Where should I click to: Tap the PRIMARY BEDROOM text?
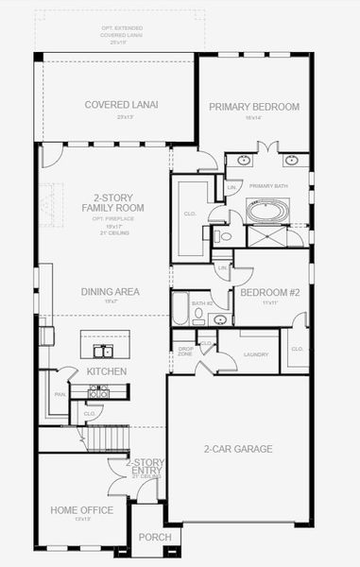(x=254, y=107)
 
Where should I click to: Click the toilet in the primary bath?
(x=223, y=237)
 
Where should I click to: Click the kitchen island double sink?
(x=102, y=351)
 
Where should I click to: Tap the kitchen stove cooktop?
(x=99, y=391)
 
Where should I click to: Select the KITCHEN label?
(x=107, y=371)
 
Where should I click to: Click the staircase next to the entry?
(x=85, y=439)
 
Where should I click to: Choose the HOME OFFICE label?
(x=81, y=510)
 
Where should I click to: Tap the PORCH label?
(x=155, y=537)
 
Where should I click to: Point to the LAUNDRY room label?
(x=256, y=354)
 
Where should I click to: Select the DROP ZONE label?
(x=184, y=352)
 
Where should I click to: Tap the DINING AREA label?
(x=110, y=292)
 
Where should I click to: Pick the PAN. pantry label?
(x=60, y=395)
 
